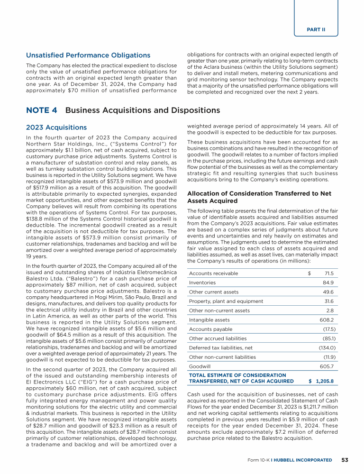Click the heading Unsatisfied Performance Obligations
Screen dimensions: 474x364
coord(88,55)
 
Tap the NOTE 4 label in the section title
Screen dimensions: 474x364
coord(42,110)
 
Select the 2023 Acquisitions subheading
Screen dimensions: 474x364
coord(56,128)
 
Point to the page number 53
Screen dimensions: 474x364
coord(346,460)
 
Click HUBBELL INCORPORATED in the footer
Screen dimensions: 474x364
coord(308,460)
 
